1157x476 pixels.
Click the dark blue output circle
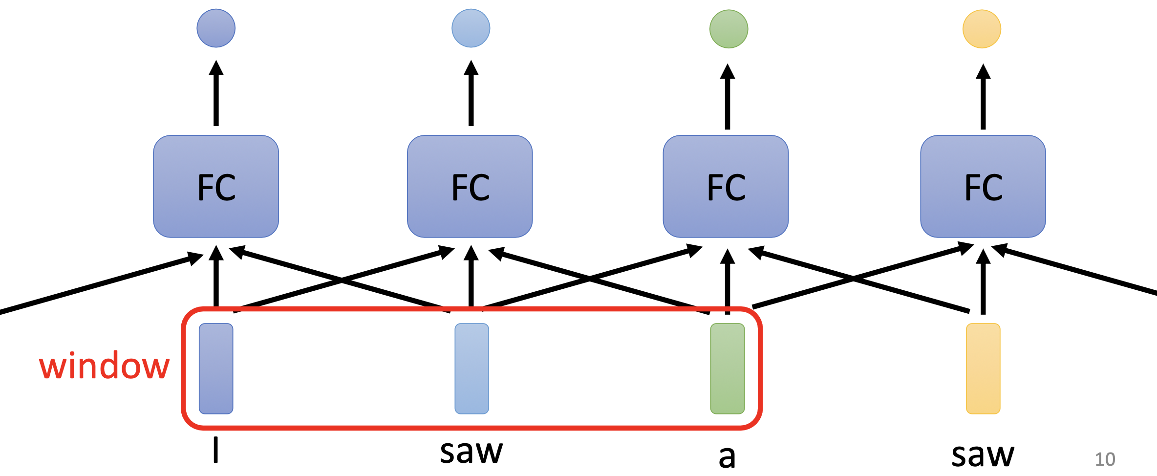coord(216,28)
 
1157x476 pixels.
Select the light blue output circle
coord(471,28)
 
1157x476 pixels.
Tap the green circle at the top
coord(728,29)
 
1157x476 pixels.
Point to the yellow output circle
coord(982,29)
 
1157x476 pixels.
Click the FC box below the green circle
coord(726,187)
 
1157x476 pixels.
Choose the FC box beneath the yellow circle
coord(983,187)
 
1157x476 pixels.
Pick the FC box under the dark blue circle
coord(216,187)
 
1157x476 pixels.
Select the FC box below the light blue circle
coord(470,187)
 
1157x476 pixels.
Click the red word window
coord(105,366)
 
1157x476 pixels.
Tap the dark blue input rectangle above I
coord(216,368)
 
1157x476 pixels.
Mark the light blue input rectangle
coord(471,368)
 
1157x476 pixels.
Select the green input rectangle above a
coord(728,368)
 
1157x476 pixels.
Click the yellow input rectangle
coord(983,368)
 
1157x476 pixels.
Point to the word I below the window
coord(215,450)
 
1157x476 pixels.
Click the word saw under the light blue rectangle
coord(471,452)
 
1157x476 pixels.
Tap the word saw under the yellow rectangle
coord(983,455)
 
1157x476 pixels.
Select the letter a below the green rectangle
coord(727,457)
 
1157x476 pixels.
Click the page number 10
coord(1105,459)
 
